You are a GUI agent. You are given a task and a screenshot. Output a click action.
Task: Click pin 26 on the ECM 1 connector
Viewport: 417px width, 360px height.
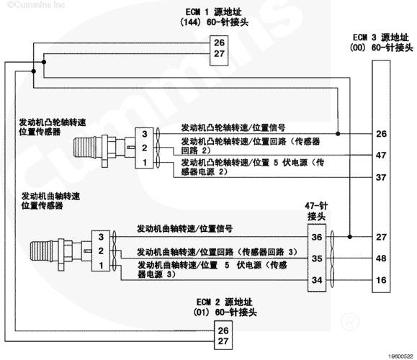219,42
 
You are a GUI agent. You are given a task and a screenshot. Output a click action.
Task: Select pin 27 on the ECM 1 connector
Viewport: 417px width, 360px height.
219,54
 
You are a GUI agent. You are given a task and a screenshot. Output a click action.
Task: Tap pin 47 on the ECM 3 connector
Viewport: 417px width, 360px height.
381,155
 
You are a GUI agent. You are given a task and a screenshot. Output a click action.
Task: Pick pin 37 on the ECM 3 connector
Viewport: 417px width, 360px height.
381,177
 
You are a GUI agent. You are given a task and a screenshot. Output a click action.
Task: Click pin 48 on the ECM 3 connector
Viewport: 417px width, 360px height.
381,258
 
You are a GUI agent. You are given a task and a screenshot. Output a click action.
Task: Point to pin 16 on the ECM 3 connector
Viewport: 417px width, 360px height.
381,279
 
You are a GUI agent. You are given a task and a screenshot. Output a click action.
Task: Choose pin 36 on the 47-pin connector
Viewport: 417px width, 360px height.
317,237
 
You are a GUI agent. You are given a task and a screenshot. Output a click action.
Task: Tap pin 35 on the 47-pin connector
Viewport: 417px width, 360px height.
317,258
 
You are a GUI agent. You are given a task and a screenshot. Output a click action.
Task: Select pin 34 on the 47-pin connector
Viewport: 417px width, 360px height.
317,280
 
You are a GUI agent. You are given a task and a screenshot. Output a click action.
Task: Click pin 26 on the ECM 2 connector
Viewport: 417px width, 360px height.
223,330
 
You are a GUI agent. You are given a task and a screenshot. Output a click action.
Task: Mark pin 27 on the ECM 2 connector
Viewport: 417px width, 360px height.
223,341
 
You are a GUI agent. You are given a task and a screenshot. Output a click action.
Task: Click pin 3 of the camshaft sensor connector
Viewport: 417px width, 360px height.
145,134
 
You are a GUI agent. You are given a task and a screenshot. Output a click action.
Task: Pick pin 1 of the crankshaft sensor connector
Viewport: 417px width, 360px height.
101,265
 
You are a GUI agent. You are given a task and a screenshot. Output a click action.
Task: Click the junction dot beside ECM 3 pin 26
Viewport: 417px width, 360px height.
338,133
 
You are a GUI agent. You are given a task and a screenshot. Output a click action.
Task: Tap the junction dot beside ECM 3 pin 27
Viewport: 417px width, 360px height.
350,237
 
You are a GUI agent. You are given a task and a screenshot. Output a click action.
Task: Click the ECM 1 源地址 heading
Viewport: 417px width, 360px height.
214,12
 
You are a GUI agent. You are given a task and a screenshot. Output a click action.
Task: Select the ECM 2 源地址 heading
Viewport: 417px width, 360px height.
224,302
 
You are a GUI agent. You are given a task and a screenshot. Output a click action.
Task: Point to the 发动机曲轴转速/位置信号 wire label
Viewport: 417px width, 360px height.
184,229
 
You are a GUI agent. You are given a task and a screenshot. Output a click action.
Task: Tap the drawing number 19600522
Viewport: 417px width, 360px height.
401,356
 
